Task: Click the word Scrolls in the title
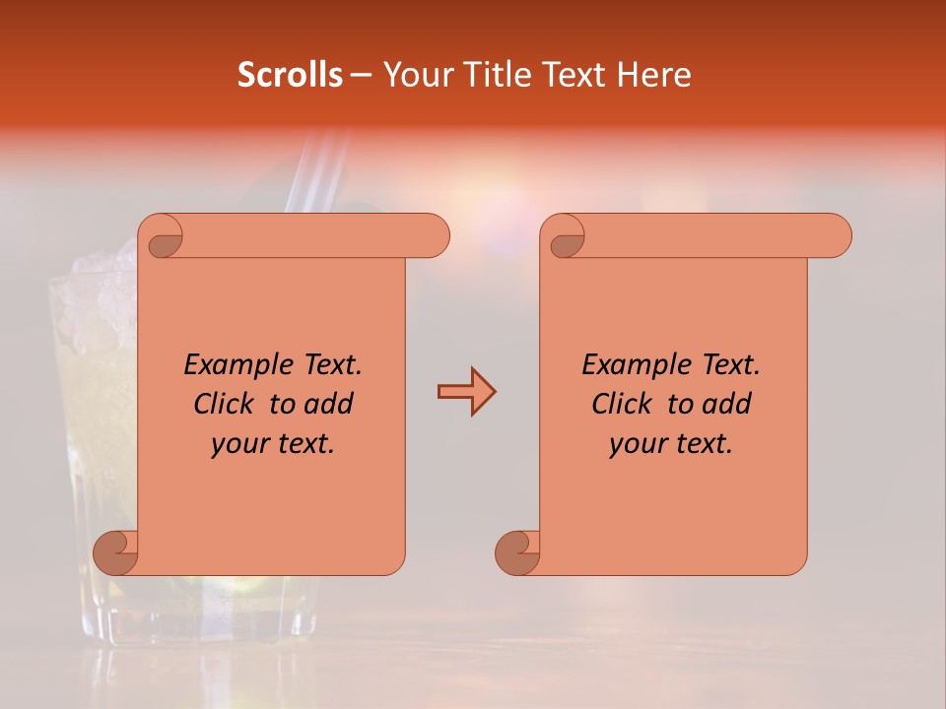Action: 290,75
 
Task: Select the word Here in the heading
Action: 653,75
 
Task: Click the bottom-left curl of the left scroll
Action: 116,552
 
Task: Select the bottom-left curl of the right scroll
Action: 518,552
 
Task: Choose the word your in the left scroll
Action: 240,443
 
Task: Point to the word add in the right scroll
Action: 727,404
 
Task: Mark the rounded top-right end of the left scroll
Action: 434,235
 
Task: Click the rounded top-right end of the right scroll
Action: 836,235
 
